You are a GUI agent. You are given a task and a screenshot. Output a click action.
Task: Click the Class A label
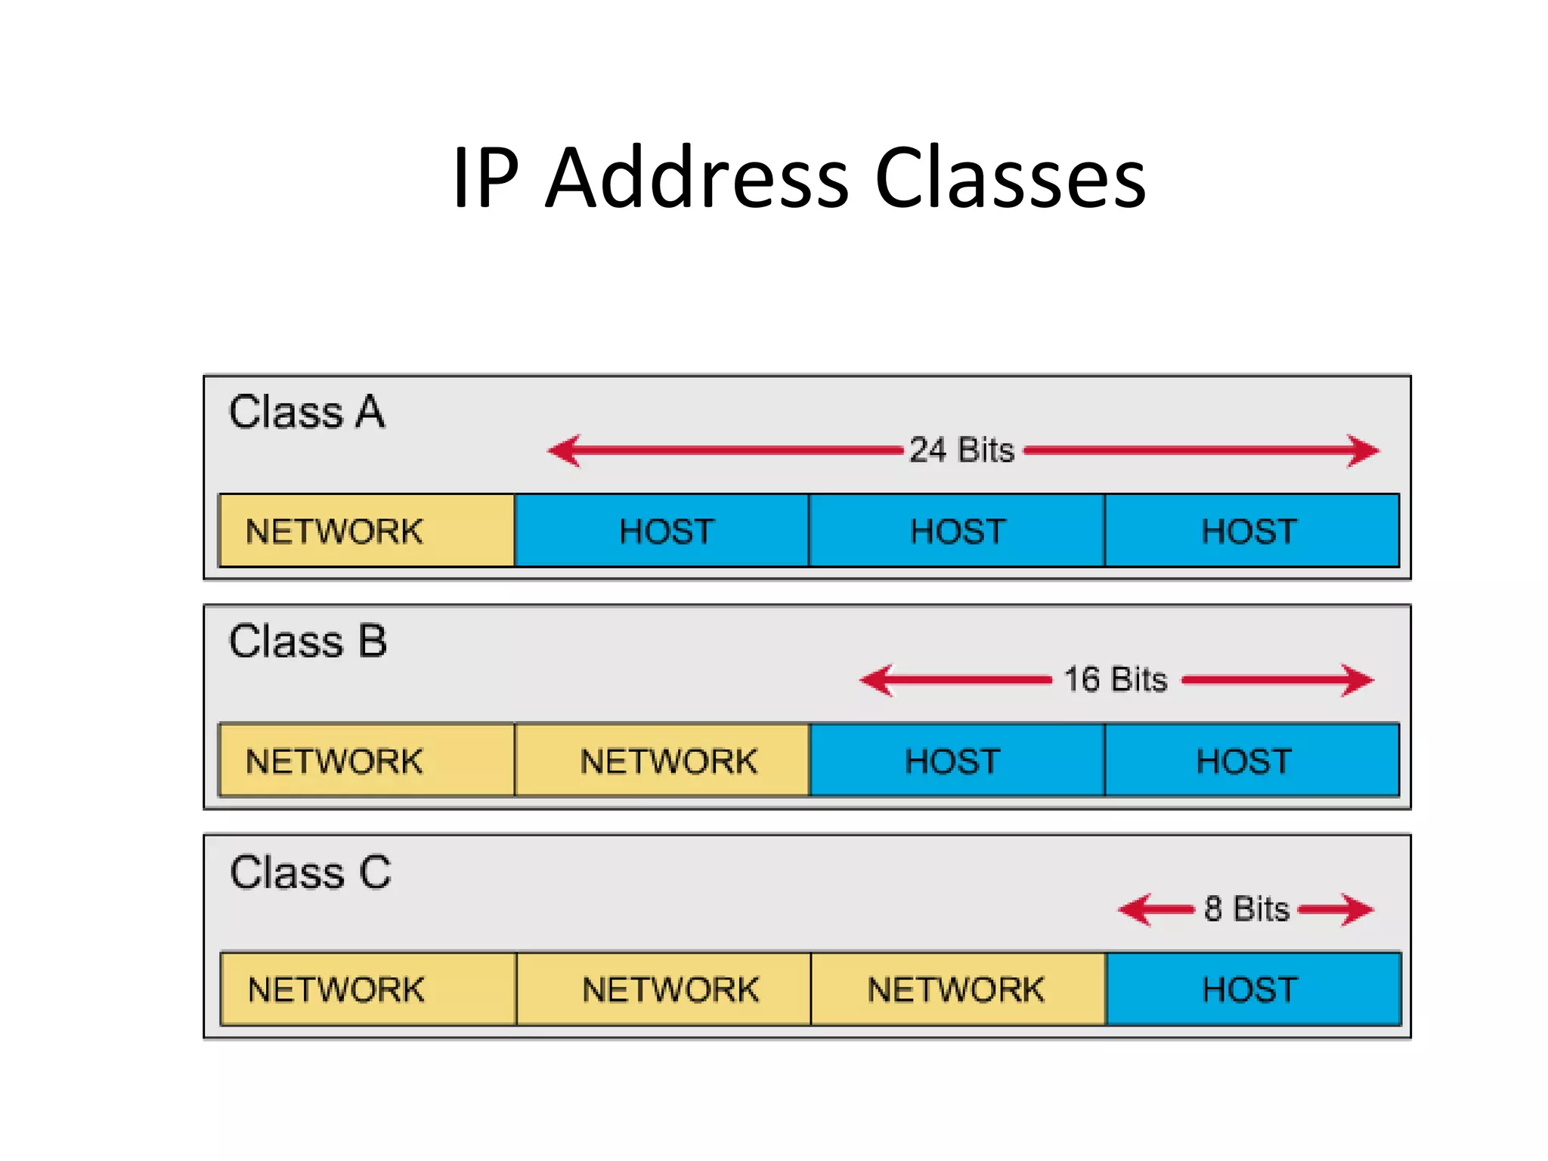[x=307, y=413]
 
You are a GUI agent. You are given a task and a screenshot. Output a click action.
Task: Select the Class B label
[x=308, y=642]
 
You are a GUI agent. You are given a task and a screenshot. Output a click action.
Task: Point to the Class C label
[x=310, y=872]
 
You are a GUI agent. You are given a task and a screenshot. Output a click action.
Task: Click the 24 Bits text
[x=961, y=450]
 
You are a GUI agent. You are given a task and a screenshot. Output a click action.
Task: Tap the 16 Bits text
[x=1116, y=680]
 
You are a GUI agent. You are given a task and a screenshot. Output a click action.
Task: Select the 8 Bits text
[x=1246, y=909]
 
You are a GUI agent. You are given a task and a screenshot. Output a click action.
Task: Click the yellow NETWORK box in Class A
[x=367, y=531]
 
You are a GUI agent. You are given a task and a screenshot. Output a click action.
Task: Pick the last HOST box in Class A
[x=1252, y=531]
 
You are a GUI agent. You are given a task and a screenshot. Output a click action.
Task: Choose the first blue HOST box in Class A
[x=662, y=531]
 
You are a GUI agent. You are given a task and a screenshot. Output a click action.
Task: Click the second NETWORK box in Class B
[x=662, y=760]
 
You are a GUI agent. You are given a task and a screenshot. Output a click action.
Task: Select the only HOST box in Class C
[x=1253, y=989]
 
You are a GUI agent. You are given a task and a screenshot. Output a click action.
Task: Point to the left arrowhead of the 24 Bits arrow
[x=564, y=450]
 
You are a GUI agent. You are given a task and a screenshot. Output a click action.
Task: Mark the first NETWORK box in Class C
[x=368, y=989]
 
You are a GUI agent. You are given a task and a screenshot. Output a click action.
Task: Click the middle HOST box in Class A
[x=957, y=531]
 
